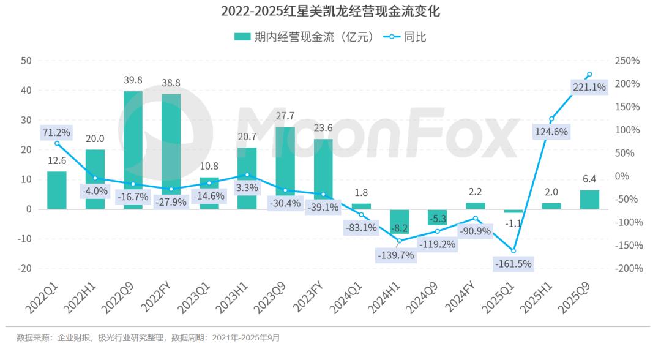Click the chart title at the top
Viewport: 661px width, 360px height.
[330, 11]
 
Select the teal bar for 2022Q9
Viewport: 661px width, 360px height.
[133, 150]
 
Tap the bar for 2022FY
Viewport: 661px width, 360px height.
[171, 151]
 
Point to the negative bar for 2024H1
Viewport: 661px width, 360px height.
[399, 221]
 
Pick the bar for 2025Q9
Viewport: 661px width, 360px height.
[589, 200]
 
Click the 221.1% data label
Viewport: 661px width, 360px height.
[589, 88]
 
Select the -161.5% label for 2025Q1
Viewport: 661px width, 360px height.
[513, 264]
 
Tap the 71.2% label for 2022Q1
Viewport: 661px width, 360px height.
[56, 132]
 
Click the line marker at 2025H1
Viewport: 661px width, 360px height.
[551, 119]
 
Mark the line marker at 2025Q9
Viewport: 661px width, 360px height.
[589, 75]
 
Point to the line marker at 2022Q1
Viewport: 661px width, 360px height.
[57, 143]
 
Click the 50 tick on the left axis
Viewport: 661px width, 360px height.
[26, 61]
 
